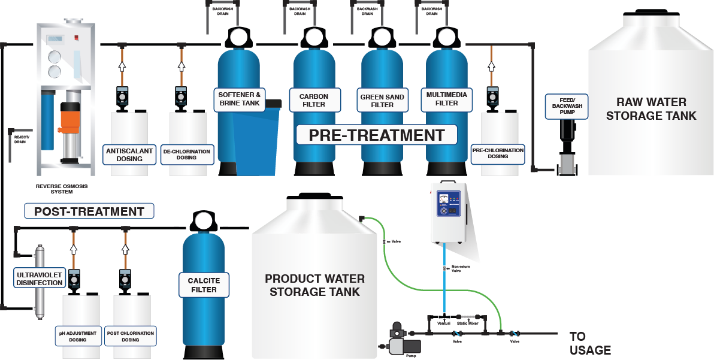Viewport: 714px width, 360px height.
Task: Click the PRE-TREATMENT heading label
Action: point(377,135)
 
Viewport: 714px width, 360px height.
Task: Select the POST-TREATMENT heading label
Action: point(89,211)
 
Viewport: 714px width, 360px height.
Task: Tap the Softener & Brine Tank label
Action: point(240,99)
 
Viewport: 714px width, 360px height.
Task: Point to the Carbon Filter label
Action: point(314,100)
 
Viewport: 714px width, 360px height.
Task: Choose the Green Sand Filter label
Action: point(382,101)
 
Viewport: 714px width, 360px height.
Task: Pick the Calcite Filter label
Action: point(204,285)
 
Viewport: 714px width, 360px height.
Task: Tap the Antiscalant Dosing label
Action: point(129,155)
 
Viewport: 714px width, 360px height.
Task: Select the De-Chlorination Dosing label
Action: point(187,155)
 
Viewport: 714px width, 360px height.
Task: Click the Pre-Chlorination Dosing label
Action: point(498,153)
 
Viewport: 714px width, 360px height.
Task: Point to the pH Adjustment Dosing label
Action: point(78,336)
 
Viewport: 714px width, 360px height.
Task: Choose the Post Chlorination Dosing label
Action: point(130,336)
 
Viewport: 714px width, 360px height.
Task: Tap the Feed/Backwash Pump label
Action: point(567,107)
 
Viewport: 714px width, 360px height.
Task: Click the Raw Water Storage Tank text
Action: point(651,108)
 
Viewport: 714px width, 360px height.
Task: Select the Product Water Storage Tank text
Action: point(314,285)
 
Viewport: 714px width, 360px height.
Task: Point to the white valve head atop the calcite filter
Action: point(204,221)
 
